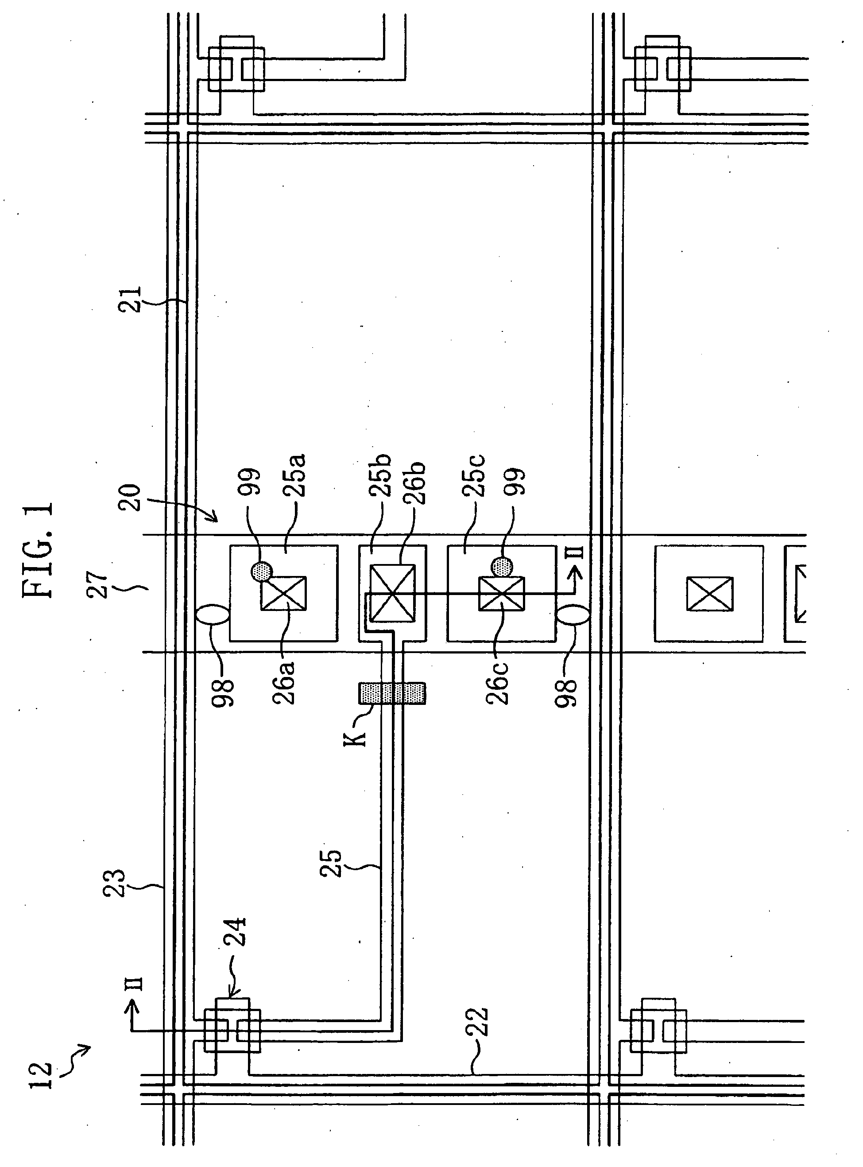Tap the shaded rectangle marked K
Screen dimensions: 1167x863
(392, 693)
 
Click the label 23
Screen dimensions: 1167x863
(114, 883)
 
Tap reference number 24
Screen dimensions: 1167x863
(235, 932)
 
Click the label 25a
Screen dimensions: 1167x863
(294, 475)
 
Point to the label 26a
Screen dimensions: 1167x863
(284, 683)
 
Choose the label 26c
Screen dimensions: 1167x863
(497, 683)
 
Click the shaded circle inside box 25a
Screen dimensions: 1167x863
(262, 570)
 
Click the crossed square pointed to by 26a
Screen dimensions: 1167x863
(284, 593)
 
